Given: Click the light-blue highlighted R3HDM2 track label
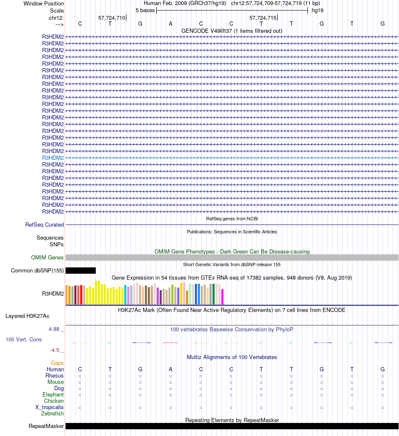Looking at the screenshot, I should coord(53,158).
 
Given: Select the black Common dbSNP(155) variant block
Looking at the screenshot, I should coord(81,271).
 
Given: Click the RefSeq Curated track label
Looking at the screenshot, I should coord(45,225).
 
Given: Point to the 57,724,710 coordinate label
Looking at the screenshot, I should coord(112,18).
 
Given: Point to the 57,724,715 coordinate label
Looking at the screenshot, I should coord(263,18).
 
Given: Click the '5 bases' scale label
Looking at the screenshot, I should coord(145,10).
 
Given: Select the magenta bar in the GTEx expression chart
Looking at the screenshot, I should coord(223,296).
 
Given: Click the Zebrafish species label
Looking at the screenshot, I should coord(52,414).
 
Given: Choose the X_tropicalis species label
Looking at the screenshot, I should coord(50,407).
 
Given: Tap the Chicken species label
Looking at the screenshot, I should coord(54,401).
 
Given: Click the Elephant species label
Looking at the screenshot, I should coord(53,395).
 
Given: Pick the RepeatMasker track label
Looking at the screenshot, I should coord(46,426).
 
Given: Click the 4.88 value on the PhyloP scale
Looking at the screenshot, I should coord(55,329).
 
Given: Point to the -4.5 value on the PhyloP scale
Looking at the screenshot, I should coord(55,350).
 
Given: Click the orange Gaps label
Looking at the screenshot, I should coord(57,363).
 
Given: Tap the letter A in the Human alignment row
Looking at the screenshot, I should coord(171,370).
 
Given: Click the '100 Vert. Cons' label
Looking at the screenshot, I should coord(24,339).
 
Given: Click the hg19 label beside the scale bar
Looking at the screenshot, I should coord(317,10).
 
